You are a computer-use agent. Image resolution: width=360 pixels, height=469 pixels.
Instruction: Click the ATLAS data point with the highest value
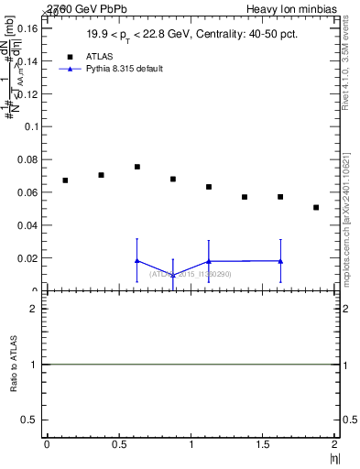tap(136, 167)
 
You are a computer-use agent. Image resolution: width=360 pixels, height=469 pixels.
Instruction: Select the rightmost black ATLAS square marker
tap(316, 207)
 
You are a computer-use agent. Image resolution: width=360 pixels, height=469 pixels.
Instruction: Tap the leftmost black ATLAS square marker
tap(65, 180)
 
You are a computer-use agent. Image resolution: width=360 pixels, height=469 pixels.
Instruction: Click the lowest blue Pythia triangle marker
tap(172, 275)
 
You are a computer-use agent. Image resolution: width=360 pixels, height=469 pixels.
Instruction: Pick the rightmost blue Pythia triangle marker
tap(280, 261)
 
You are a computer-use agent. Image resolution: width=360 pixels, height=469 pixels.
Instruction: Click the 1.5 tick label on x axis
tap(263, 444)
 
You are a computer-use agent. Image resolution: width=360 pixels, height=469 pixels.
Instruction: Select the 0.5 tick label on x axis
tap(118, 444)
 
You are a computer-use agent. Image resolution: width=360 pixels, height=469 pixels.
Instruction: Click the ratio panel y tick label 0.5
tap(28, 420)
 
